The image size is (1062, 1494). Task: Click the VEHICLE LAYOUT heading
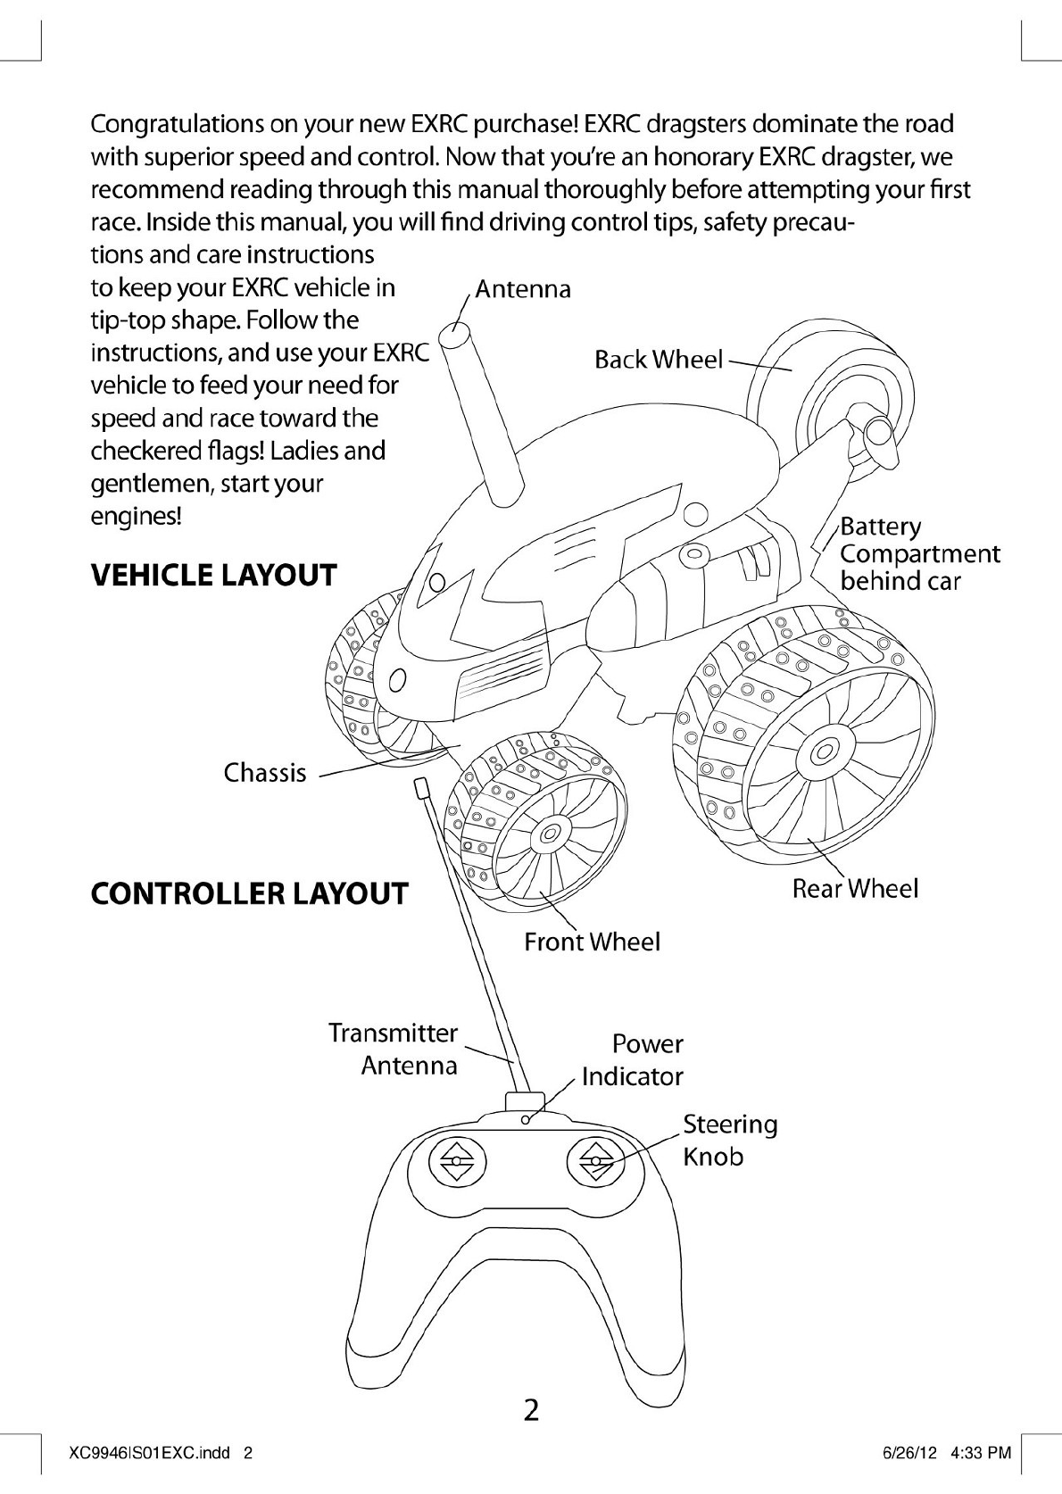(x=214, y=575)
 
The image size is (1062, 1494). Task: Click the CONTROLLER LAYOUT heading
(x=249, y=893)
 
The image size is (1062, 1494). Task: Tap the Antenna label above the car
(x=522, y=289)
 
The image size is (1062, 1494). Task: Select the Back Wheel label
(x=658, y=360)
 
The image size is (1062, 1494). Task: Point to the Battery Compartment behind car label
(x=918, y=553)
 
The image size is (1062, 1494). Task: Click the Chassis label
(x=265, y=772)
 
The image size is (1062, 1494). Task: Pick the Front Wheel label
(x=592, y=942)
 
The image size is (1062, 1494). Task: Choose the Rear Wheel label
(x=855, y=888)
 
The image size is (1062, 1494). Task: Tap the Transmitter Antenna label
(x=394, y=1049)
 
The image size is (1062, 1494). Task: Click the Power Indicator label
(x=633, y=1059)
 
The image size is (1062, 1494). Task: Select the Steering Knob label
(x=730, y=1140)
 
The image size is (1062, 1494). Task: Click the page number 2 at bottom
(x=531, y=1410)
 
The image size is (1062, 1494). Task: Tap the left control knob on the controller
(x=456, y=1162)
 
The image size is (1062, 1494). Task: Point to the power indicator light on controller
(x=526, y=1119)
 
